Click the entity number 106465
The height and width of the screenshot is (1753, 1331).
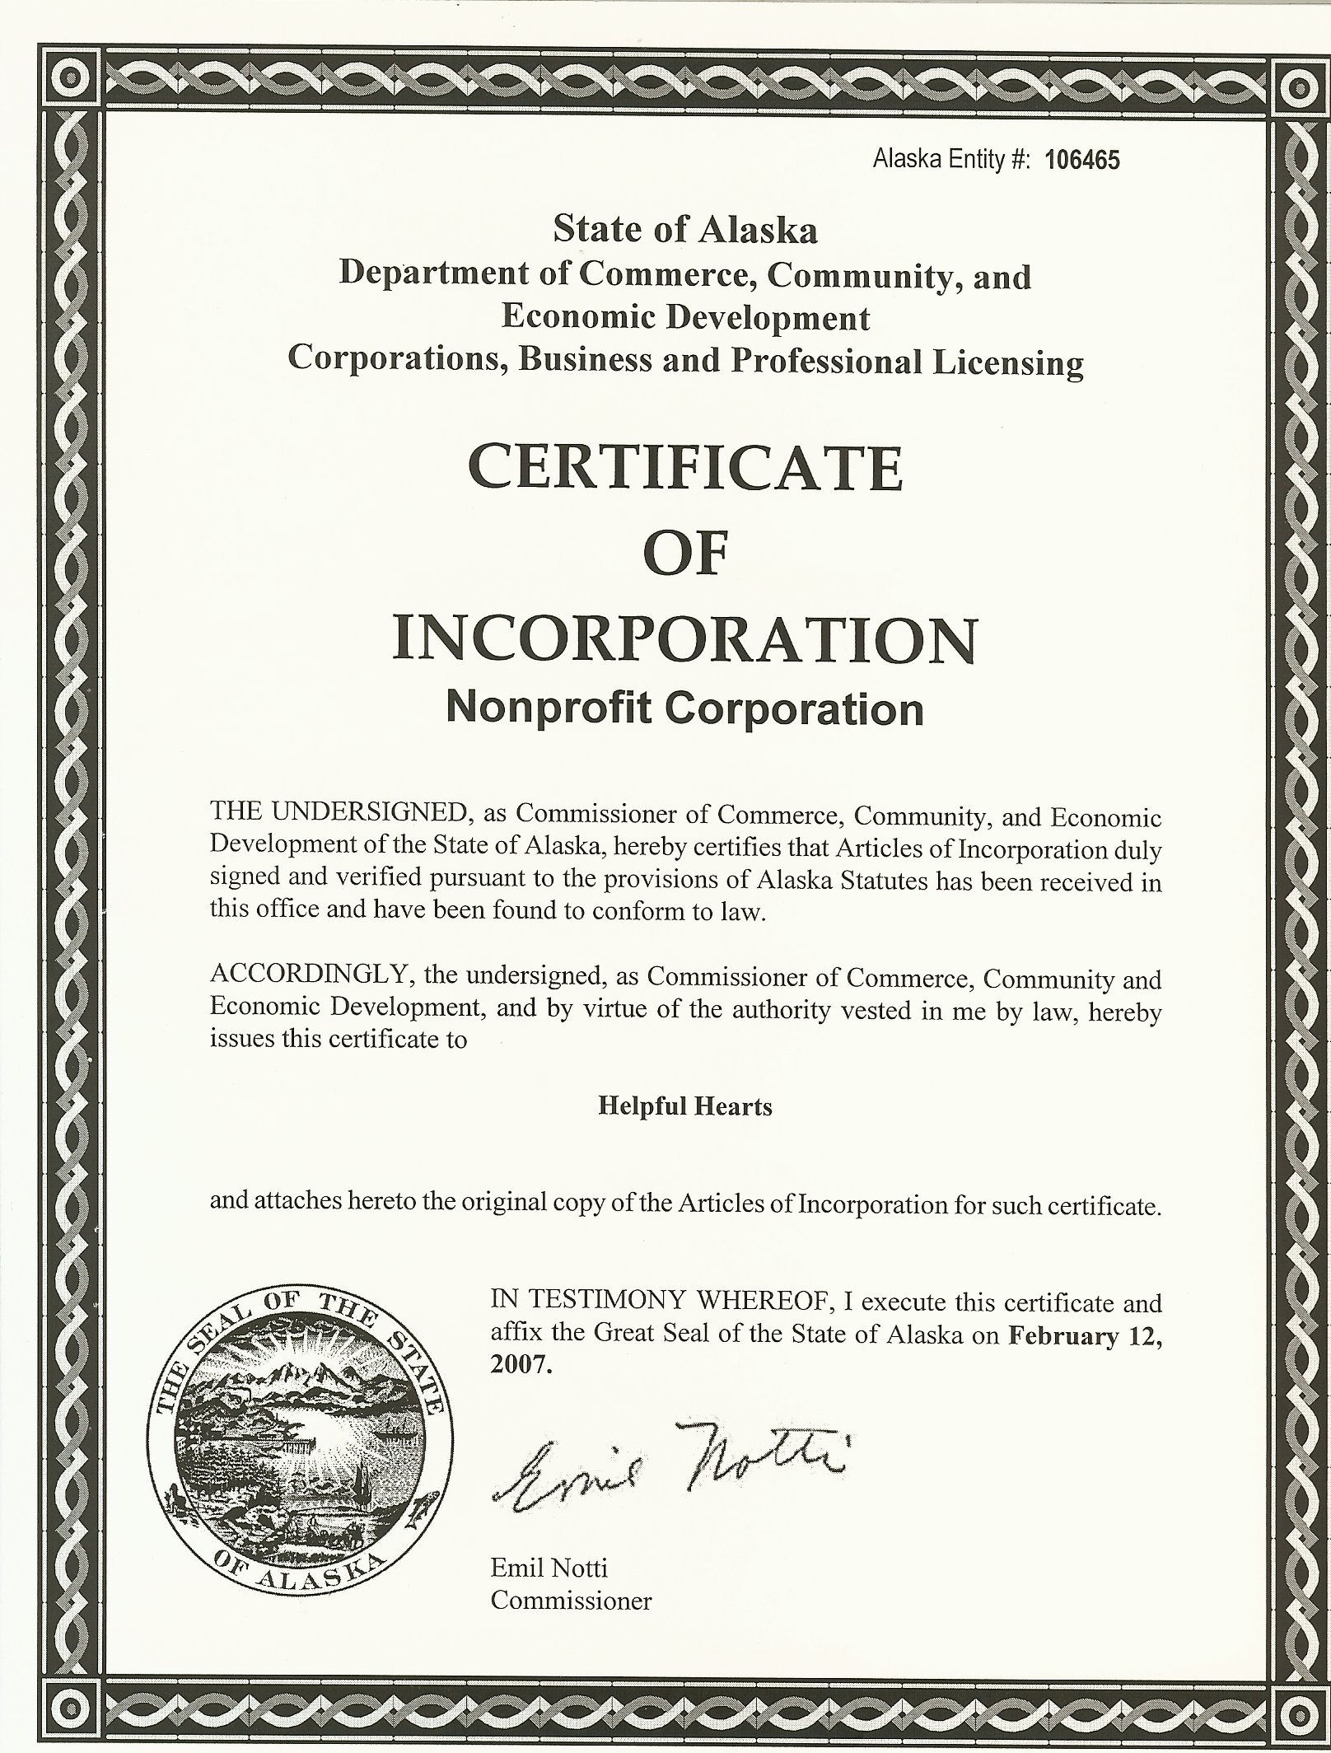click(1081, 161)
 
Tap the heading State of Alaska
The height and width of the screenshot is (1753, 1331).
click(685, 230)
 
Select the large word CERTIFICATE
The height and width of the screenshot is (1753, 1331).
click(685, 468)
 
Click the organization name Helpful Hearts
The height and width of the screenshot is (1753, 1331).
click(685, 1106)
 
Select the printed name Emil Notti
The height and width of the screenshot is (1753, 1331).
click(549, 1567)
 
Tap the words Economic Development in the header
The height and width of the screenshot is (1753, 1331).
click(685, 317)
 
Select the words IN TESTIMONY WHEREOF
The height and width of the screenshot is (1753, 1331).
click(656, 1302)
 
